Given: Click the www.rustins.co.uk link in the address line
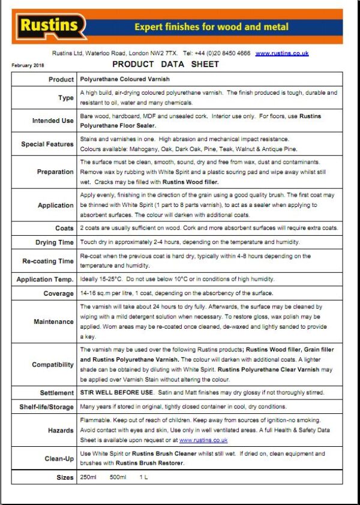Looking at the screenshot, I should point(282,53).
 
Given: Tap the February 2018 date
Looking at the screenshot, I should point(28,65).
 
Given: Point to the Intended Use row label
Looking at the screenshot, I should point(53,121).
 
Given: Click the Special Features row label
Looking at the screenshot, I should point(47,145).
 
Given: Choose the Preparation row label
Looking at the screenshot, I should point(55,172).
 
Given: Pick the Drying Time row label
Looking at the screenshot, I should point(54,243).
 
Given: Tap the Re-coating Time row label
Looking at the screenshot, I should point(48,261).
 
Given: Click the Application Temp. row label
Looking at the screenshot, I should point(45,280).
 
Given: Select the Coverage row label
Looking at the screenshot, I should point(58,294).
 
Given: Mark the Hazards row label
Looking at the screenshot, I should point(61,431).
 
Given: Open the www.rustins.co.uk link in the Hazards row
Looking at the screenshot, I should point(203,440).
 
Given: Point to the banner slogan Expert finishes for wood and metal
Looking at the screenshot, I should point(211,27).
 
